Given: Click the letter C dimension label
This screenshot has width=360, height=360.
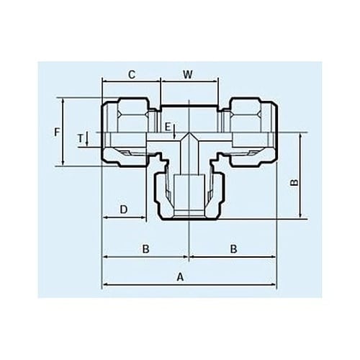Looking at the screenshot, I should point(132,74).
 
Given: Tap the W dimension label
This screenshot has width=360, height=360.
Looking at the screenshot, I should point(188,74).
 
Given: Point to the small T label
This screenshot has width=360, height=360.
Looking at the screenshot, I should point(81,137).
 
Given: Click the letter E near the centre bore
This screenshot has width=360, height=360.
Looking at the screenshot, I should point(167,127).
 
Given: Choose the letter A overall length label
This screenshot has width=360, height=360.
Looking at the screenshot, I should point(181,276).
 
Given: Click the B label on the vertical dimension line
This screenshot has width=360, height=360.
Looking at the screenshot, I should point(293,183).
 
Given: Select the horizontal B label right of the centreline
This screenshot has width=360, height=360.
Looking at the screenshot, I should point(233,249).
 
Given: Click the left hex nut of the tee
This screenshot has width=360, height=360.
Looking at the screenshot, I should point(128,130).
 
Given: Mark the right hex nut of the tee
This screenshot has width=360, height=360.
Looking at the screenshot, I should point(249,130).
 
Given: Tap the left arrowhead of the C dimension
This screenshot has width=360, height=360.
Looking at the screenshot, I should point(104,82).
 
